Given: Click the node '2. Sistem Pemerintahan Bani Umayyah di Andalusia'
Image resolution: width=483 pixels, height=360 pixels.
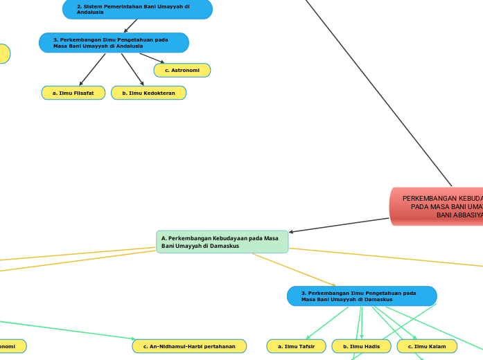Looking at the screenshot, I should click(137, 9).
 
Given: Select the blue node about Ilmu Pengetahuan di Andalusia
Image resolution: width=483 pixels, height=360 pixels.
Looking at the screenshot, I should click(114, 43).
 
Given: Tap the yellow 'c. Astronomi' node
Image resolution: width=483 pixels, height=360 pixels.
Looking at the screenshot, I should click(182, 71).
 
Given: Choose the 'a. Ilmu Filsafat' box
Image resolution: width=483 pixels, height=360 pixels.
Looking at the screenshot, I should click(73, 93).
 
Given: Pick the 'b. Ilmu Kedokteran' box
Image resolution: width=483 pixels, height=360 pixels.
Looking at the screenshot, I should click(148, 93).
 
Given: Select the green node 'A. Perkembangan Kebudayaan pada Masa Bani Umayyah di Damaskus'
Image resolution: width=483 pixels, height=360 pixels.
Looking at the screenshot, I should click(222, 242).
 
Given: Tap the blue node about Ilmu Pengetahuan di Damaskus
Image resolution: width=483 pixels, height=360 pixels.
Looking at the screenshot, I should click(362, 296).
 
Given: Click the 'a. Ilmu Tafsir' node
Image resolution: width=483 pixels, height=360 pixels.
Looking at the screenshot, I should click(296, 346).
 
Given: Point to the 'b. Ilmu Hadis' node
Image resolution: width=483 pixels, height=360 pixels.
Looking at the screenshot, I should click(361, 346).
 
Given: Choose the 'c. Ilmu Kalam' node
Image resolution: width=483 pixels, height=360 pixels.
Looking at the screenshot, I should click(427, 346).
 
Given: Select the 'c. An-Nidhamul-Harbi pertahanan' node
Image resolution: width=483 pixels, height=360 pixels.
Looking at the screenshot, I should click(189, 346).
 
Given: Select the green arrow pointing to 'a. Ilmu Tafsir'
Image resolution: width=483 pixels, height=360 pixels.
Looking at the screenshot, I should click(326, 322).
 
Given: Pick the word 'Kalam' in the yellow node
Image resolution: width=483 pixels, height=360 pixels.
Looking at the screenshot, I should click(437, 346).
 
